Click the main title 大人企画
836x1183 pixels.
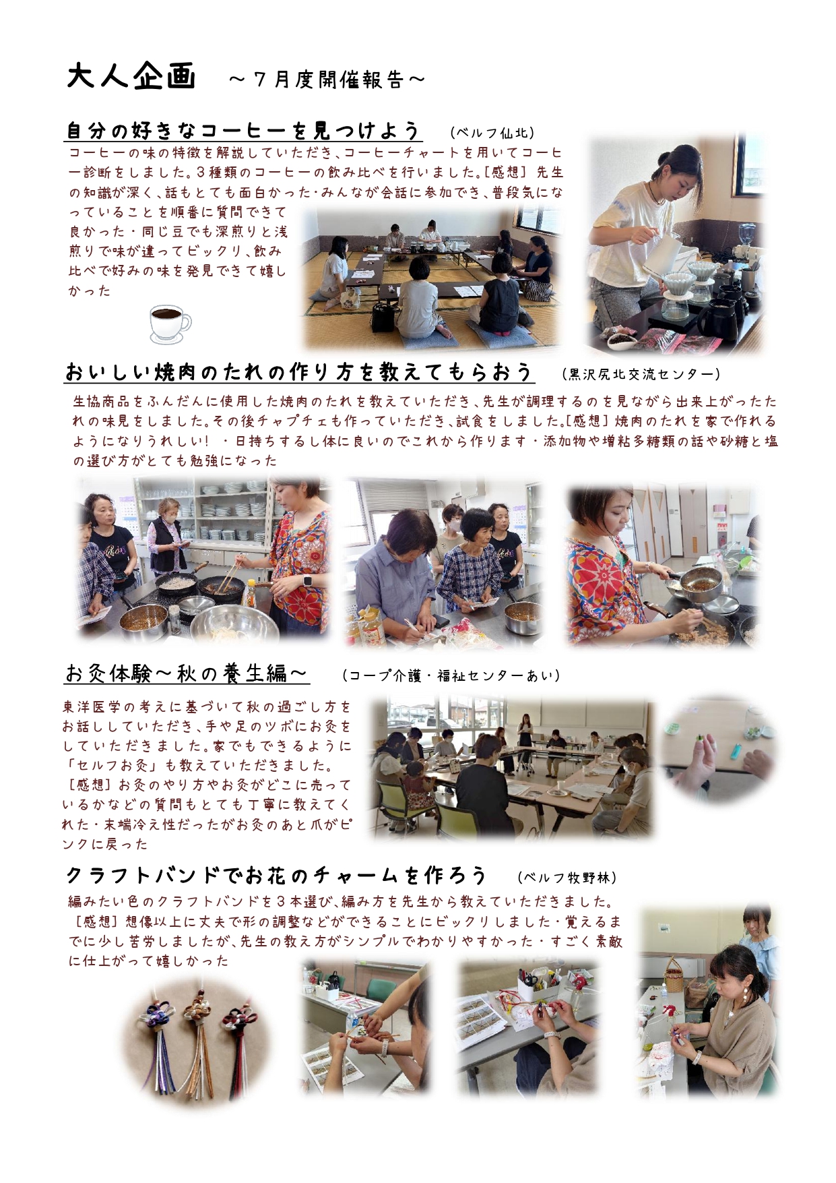coord(131,75)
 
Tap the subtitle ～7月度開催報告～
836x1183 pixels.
coord(327,80)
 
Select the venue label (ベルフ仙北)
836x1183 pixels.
coord(493,133)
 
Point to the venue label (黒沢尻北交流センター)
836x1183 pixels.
coord(641,373)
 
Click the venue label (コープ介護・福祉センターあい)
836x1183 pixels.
coord(451,675)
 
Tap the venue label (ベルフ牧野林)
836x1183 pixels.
coord(567,877)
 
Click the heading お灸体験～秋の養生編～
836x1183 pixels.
coord(187,673)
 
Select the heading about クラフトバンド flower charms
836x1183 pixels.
coord(276,875)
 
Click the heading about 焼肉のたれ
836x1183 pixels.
coord(299,372)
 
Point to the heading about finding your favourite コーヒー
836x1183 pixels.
coord(244,130)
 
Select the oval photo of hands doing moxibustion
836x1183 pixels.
coord(718,750)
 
